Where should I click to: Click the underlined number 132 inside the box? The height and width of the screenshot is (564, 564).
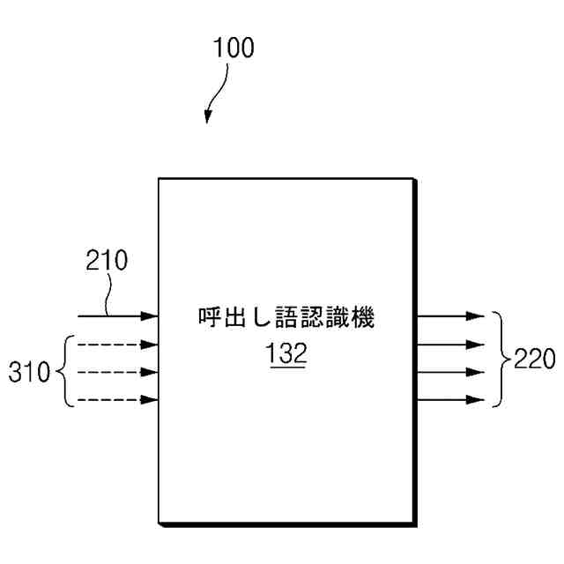[x=286, y=353]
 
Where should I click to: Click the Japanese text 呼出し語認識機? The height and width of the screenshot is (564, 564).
[x=286, y=318]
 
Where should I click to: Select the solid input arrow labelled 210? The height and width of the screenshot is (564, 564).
[x=119, y=315]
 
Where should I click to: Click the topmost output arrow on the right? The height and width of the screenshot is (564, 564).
[x=450, y=315]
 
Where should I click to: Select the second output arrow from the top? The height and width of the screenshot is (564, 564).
[x=450, y=344]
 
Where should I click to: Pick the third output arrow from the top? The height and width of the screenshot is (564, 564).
[x=450, y=372]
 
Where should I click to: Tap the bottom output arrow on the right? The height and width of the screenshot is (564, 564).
[x=450, y=400]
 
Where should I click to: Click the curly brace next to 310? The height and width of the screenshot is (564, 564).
[x=63, y=372]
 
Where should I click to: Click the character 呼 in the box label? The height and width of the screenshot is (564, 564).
[x=209, y=318]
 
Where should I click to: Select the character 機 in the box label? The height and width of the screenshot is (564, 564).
[x=363, y=318]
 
